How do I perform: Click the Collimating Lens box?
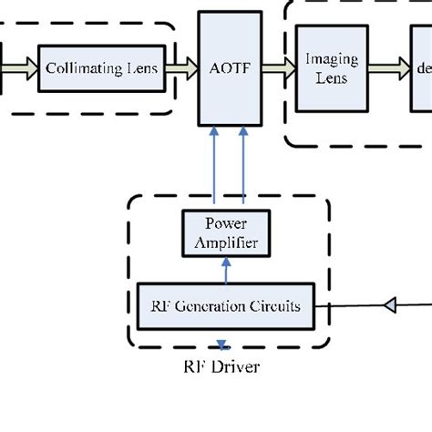[x=101, y=68]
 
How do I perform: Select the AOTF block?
[x=230, y=68]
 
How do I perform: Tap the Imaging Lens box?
[x=331, y=69]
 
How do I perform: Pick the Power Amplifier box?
[x=226, y=231]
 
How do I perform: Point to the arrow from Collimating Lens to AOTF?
[x=181, y=68]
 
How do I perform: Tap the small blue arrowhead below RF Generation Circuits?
[x=221, y=345]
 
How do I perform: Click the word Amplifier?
[x=226, y=242]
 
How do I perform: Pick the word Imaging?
[x=332, y=60]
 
